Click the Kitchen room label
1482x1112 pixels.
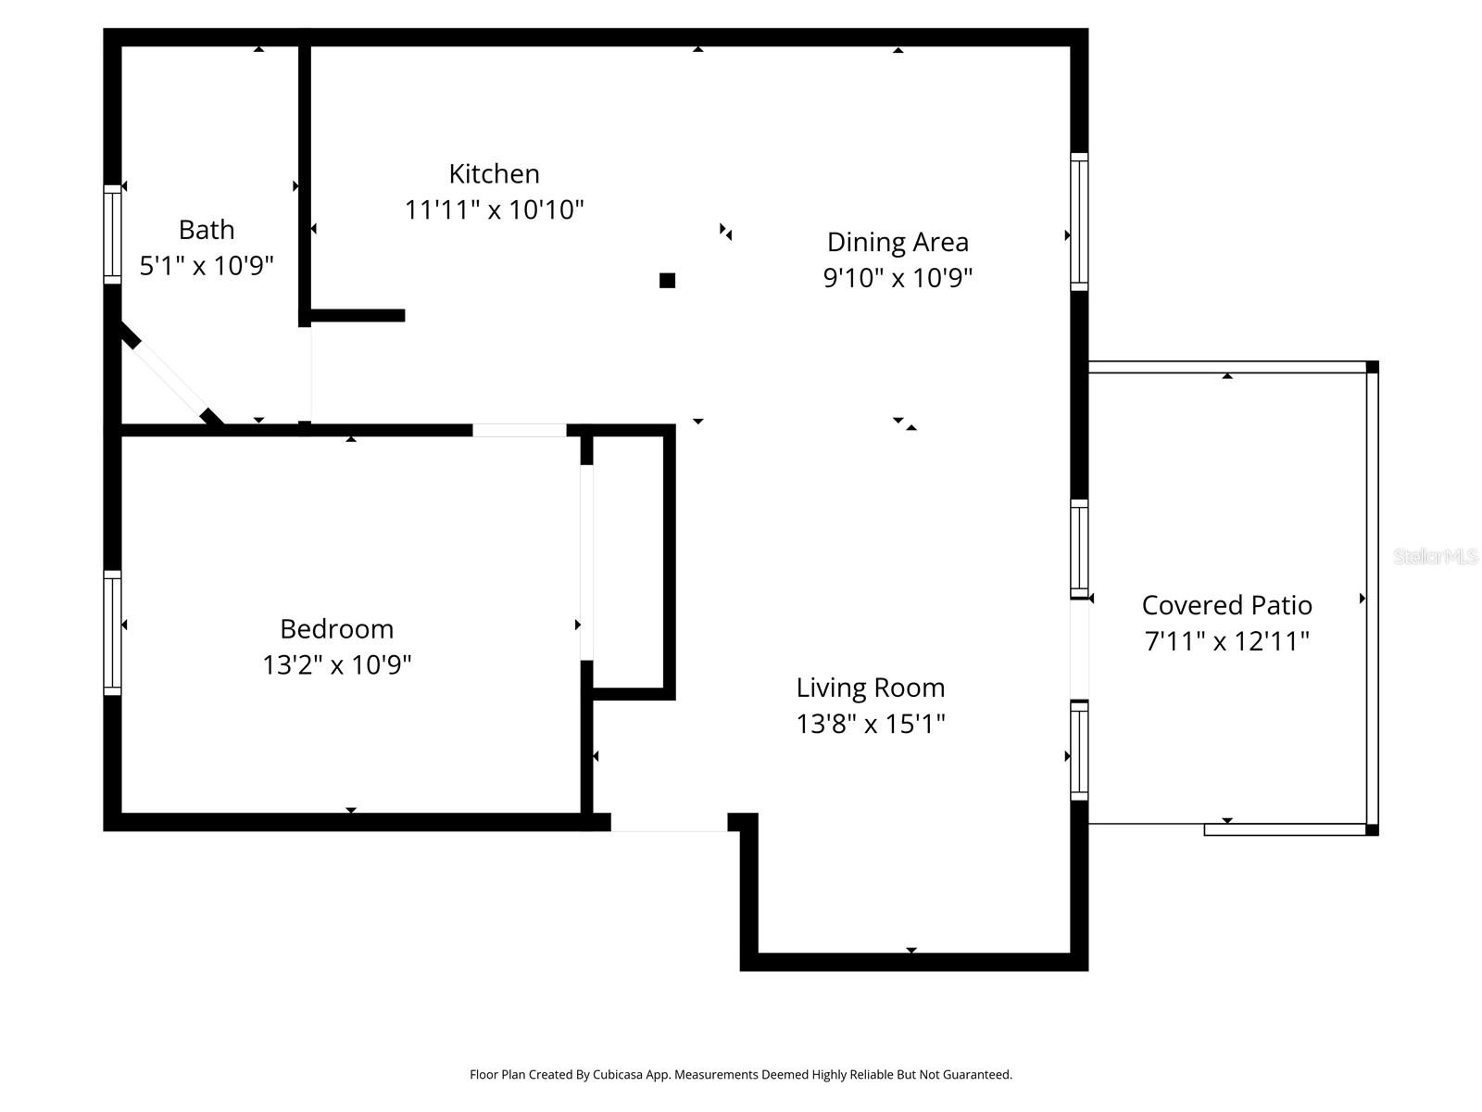click(494, 173)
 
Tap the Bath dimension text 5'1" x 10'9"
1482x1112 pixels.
click(207, 266)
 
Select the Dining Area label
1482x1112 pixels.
click(898, 242)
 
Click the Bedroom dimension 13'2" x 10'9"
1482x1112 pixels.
click(336, 664)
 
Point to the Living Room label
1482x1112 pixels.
click(871, 688)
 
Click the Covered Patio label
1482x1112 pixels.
click(1226, 605)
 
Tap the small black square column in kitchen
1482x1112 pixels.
click(667, 281)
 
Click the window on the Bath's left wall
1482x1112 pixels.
click(112, 234)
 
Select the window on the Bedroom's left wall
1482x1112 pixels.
click(112, 632)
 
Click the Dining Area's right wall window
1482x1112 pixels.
click(1079, 221)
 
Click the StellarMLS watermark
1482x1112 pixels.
click(1435, 556)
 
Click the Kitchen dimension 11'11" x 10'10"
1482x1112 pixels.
click(494, 209)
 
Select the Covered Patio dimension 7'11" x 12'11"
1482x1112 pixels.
click(1226, 641)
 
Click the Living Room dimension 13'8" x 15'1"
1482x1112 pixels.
click(871, 724)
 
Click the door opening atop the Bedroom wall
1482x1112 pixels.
click(519, 430)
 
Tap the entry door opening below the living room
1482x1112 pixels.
click(669, 823)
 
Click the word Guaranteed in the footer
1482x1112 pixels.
click(977, 1075)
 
